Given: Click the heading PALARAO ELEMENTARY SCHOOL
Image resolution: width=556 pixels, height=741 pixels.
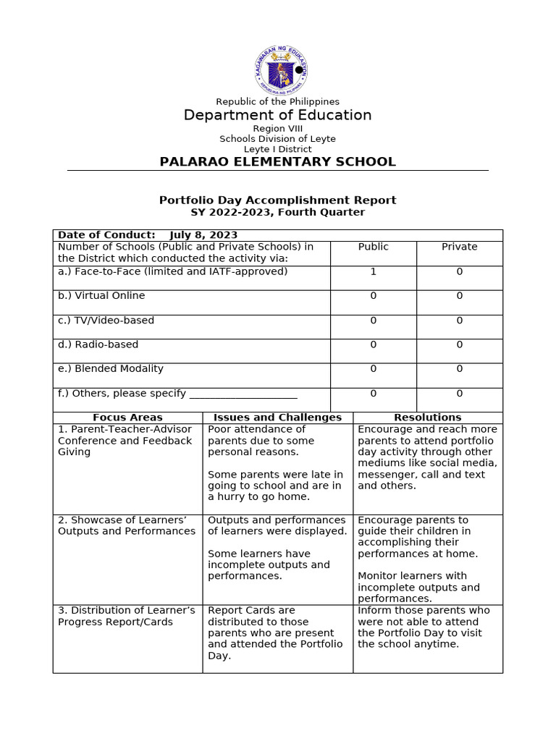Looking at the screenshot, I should pos(277,161).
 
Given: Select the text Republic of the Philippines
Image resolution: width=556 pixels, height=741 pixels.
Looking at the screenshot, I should pos(278,102).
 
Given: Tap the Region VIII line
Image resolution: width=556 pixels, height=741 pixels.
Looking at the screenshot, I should pos(278,128).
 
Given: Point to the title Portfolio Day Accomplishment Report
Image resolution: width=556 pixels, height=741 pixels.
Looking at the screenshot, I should pos(277,200).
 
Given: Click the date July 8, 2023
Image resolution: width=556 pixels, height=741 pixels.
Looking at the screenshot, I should pos(203,235).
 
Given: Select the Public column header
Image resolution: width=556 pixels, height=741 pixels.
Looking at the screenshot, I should pos(373,247).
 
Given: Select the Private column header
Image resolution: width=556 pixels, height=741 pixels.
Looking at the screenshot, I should pos(459,247).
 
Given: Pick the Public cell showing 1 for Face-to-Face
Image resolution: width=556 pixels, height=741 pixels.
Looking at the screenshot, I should pos(373,272).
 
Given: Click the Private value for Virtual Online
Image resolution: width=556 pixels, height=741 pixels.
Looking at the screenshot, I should pos(459,296).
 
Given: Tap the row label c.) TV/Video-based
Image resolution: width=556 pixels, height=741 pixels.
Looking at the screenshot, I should pos(106,321).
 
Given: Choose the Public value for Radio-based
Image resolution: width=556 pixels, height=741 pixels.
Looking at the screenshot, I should pos(373,345).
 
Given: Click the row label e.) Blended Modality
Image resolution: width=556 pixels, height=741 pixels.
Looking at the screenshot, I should pos(111,369).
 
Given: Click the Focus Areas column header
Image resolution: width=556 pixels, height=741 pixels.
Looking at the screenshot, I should pos(127,418).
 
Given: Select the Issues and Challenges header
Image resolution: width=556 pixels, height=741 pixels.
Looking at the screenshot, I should pos(277,418).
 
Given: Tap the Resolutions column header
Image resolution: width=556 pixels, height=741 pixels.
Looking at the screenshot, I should pos(427,418).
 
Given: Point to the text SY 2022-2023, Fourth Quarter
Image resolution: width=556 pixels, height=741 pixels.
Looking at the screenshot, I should pos(277,213).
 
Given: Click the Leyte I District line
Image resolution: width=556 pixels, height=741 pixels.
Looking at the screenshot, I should pos(278,149).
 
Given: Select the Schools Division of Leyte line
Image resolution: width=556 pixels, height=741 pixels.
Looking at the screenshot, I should pos(278,139).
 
